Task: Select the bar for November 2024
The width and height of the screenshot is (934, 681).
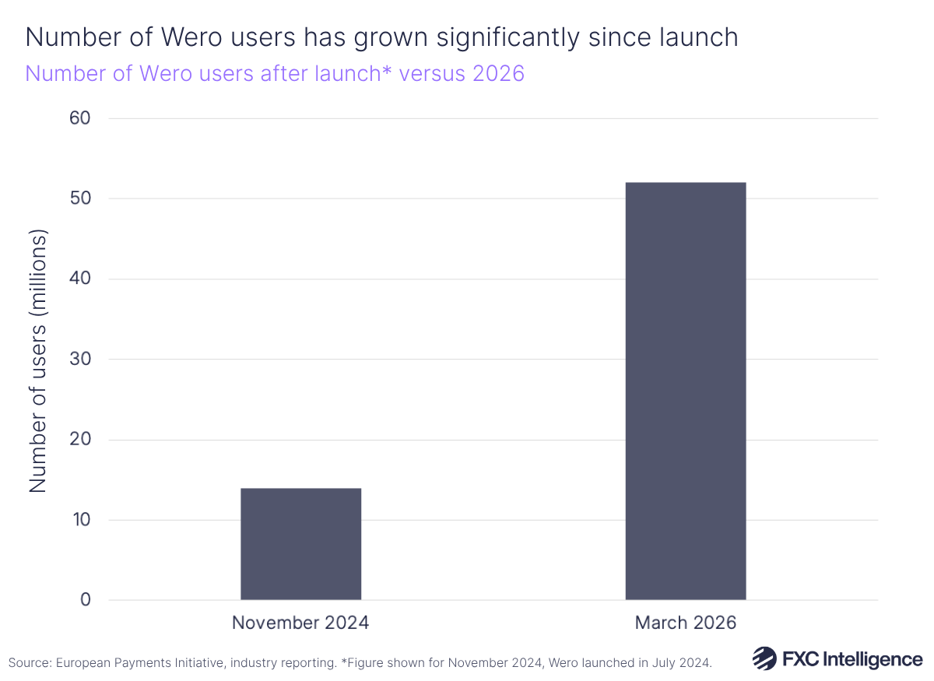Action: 300,544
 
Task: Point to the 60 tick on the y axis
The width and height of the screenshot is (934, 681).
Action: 80,118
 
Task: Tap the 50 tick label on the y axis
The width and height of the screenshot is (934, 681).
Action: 80,198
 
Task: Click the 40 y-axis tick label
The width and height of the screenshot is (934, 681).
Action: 80,279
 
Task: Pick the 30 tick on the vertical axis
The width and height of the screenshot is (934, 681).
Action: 80,360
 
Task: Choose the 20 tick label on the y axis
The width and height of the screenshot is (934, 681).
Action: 80,440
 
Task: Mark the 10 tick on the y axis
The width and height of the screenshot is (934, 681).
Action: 80,520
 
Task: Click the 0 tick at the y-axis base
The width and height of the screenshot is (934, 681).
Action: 86,600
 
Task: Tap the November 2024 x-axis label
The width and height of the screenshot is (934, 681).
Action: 300,623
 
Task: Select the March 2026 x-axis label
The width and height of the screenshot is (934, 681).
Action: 686,623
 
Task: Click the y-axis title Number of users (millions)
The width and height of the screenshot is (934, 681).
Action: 38,360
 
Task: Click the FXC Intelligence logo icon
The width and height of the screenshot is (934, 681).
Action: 764,658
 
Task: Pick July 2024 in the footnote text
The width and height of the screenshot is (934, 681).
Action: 685,663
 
